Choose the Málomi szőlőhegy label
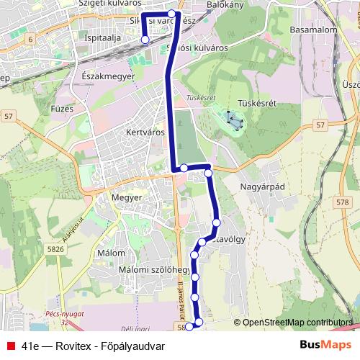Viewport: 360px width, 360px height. pyautogui.click(x=144, y=269)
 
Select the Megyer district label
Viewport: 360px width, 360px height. pyautogui.click(x=127, y=197)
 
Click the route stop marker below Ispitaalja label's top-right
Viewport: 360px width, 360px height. pyautogui.click(x=145, y=40)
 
